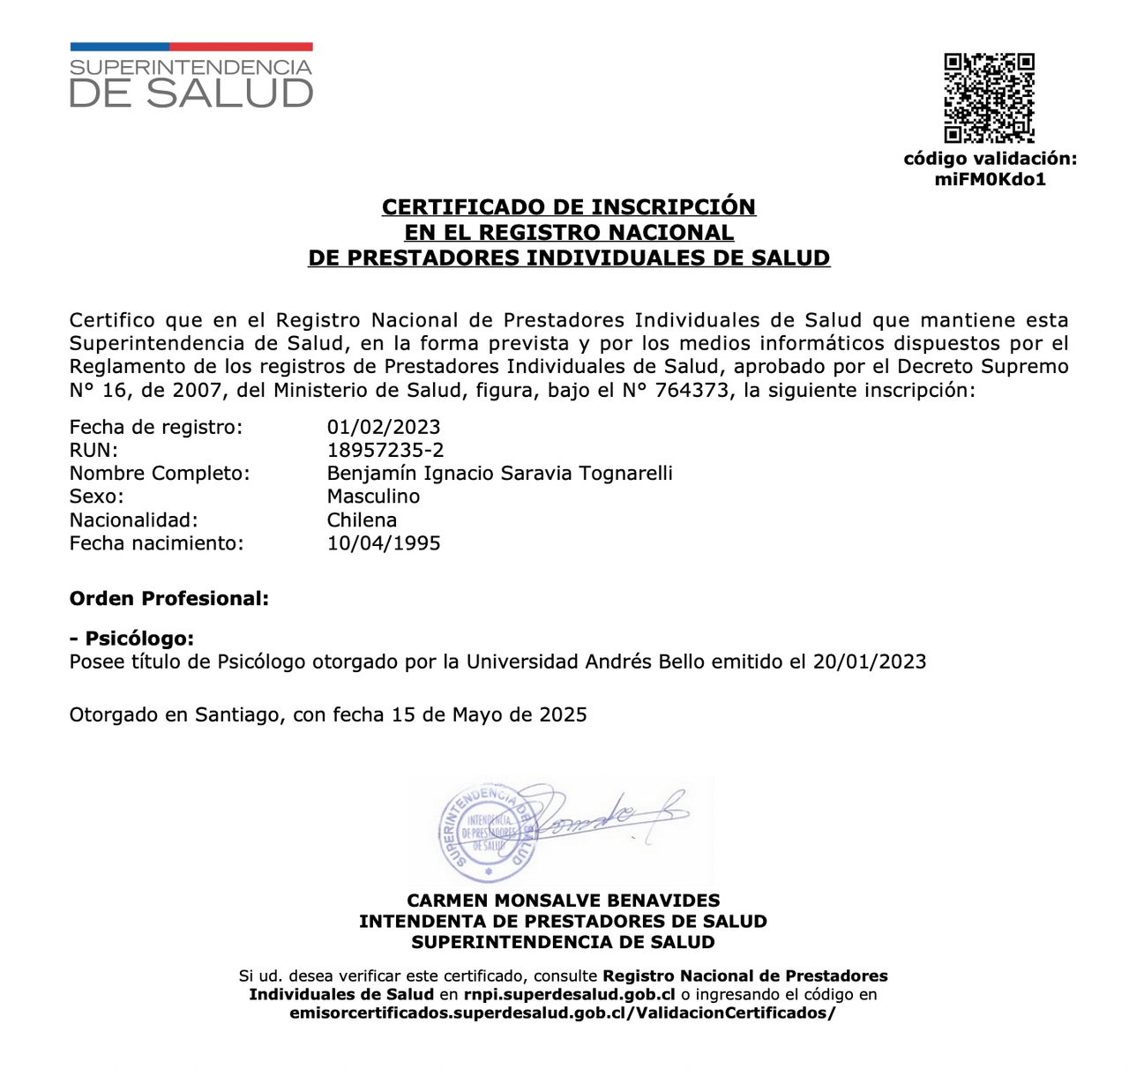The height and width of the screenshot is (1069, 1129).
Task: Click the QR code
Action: pyautogui.click(x=989, y=98)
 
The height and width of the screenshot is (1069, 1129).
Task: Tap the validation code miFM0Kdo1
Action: pyautogui.click(x=990, y=180)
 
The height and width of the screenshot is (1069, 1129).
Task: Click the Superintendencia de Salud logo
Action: pyautogui.click(x=191, y=77)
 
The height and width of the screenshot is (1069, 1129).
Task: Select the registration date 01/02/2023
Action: pyautogui.click(x=384, y=427)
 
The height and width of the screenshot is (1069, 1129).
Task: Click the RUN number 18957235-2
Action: pyautogui.click(x=385, y=450)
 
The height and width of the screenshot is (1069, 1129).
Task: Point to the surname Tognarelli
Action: pyautogui.click(x=625, y=473)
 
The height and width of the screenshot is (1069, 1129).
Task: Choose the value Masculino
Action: pyautogui.click(x=373, y=496)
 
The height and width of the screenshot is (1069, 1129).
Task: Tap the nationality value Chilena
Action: pyautogui.click(x=362, y=520)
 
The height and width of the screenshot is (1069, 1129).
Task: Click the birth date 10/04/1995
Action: pyautogui.click(x=384, y=542)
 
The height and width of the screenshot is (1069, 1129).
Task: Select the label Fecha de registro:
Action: pyautogui.click(x=156, y=427)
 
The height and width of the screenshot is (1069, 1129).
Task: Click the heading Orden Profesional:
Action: pyautogui.click(x=169, y=598)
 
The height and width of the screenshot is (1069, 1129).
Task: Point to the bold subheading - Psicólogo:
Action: pyautogui.click(x=131, y=639)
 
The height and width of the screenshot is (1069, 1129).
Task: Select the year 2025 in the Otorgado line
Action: pyautogui.click(x=563, y=714)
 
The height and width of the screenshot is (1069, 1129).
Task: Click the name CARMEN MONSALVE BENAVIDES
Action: pyautogui.click(x=564, y=901)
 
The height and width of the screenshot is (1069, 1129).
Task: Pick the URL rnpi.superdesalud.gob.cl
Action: pyautogui.click(x=570, y=994)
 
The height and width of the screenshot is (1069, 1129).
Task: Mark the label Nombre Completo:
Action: pyautogui.click(x=160, y=473)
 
